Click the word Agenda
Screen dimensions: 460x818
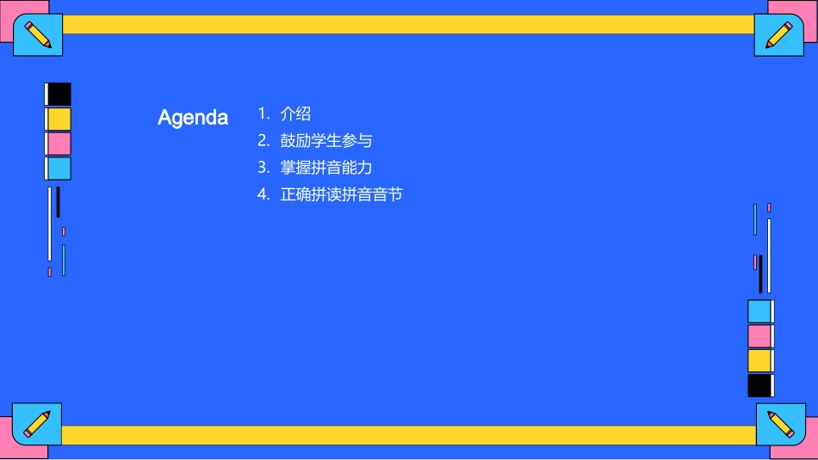coord(193,118)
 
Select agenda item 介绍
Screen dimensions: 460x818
coord(295,113)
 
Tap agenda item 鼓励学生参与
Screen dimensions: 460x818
coord(326,140)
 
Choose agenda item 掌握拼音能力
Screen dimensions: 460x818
coord(326,168)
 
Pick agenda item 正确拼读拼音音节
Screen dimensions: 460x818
coord(342,194)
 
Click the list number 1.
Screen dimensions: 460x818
coord(263,113)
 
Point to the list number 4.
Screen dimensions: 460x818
coord(263,194)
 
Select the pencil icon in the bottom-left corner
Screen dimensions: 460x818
coord(37,424)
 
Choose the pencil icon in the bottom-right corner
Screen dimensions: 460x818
coord(780,424)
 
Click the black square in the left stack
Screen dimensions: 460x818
coord(59,94)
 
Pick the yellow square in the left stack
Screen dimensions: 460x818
coord(59,119)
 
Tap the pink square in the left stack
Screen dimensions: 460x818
coord(59,144)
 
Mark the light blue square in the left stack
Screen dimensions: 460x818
coord(59,169)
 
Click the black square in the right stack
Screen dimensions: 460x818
coord(759,385)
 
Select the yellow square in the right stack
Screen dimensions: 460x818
coord(759,360)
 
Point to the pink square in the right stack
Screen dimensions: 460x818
coord(759,336)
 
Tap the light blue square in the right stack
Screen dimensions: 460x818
coord(759,311)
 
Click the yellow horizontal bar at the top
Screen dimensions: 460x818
coord(409,24)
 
